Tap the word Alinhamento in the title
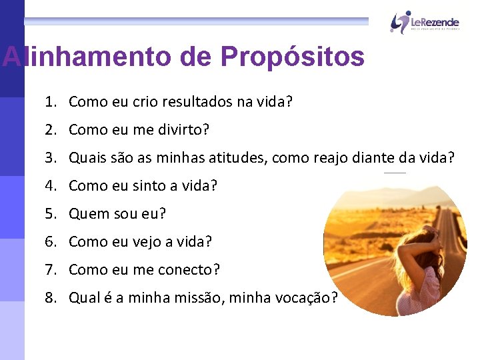(87, 57)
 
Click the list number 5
(50, 214)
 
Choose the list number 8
(50, 298)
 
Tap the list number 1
(50, 102)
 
